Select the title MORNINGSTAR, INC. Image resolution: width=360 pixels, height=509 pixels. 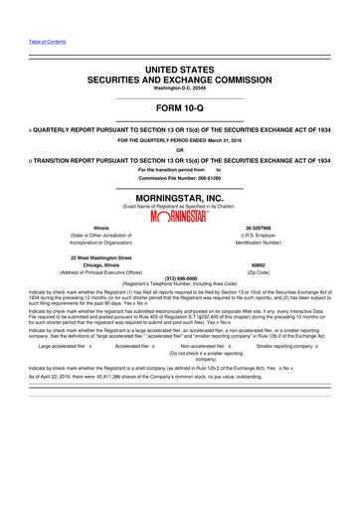coord(180,197)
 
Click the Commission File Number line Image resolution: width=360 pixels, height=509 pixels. coord(180,177)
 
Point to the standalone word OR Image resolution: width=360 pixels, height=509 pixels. coord(180,150)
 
